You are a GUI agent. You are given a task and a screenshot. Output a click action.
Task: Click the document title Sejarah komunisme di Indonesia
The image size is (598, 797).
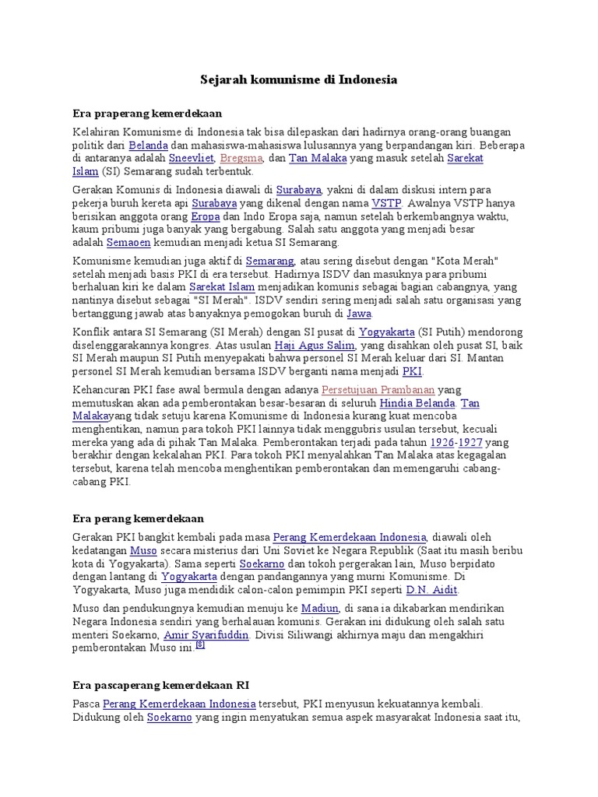coord(298,79)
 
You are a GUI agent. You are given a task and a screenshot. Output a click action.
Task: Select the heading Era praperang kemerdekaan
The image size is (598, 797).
coord(147,114)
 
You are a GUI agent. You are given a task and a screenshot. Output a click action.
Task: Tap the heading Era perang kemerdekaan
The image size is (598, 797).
coord(138,518)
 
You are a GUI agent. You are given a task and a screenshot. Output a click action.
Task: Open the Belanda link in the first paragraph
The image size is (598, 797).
coord(148,145)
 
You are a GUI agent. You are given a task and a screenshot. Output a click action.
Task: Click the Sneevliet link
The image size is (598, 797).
coord(192,158)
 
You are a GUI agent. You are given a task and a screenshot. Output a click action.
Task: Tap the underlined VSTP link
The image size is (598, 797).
coord(386,203)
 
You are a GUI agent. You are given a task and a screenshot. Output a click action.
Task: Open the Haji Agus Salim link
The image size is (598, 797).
coord(315,345)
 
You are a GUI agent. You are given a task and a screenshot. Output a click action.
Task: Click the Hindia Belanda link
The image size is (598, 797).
coord(417,403)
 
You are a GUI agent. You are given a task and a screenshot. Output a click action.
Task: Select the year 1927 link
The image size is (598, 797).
coord(470,442)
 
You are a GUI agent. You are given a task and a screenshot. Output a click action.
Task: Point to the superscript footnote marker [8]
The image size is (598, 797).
coord(200,645)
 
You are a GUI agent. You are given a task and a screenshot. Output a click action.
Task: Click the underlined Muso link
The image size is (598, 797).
coord(142,550)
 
